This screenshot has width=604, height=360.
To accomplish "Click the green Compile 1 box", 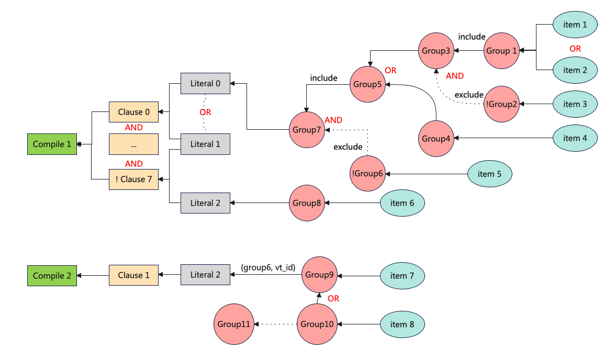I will point(52,144).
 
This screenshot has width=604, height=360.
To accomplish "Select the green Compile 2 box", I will point(52,275).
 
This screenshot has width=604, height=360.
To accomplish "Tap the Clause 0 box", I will point(133,112).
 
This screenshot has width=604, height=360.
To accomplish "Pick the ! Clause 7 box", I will point(133,179).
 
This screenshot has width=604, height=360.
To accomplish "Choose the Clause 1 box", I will point(133,275).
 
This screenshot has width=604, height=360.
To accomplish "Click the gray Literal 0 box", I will point(205,83).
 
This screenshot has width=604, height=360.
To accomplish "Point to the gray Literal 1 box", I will point(205,144).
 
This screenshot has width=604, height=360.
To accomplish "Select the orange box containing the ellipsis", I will point(133,144).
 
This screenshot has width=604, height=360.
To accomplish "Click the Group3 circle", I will point(437,51).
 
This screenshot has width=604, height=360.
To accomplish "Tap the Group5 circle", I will point(367,84).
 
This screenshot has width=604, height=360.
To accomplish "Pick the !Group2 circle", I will point(501,104).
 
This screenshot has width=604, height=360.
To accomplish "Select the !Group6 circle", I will point(367,174).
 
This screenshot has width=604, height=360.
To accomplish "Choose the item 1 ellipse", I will point(575,25).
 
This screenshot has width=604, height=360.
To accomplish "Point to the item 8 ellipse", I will point(402,324).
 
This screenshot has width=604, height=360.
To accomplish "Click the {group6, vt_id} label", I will point(268,267).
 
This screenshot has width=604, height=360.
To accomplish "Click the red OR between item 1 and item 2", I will point(575,48).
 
